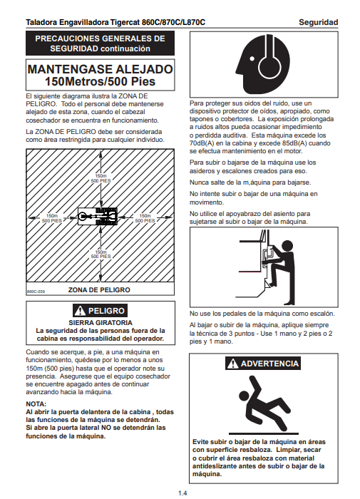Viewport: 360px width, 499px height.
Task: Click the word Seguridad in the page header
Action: coord(319,22)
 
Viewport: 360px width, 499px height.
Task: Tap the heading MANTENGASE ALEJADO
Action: coord(101,69)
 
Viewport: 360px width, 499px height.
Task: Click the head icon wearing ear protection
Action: coord(263,64)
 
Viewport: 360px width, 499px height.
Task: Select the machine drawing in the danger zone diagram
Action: coord(98,217)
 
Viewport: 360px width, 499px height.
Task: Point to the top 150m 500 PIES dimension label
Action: coord(101,178)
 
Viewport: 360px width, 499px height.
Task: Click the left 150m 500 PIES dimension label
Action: coord(52,218)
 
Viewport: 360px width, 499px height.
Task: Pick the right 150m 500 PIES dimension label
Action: coord(145,218)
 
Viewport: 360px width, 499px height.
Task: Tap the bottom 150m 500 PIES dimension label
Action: coord(101,254)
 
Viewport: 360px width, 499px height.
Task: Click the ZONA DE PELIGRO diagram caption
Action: coord(99,290)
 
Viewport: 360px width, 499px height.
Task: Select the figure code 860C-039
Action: coord(36,291)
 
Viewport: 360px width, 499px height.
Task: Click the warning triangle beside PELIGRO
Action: coord(80,310)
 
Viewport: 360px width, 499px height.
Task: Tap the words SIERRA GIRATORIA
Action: coord(101,322)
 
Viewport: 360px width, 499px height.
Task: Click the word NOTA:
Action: coord(36,404)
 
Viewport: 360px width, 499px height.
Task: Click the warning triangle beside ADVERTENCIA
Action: coord(233,363)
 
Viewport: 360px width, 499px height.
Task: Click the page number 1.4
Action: coord(182,493)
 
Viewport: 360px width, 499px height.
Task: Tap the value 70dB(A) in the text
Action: coord(201,143)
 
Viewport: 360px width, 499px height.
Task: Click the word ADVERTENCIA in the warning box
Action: coord(269,364)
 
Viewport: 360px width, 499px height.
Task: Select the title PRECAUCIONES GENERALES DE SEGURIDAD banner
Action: coord(100,43)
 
